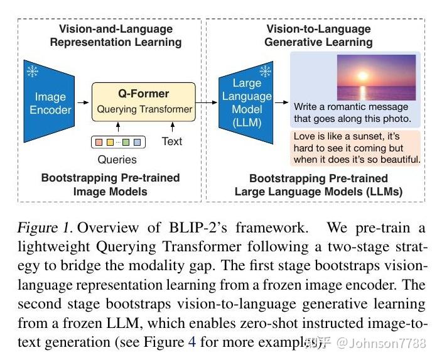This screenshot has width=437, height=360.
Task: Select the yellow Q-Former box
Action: pos(144,101)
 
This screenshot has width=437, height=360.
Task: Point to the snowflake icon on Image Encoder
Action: pos(33,71)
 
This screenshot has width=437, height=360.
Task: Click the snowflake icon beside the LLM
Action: pos(266,71)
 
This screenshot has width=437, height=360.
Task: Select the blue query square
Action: pos(138,142)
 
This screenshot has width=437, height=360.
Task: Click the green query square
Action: pos(126,142)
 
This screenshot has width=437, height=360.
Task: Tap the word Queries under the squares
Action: pos(117,159)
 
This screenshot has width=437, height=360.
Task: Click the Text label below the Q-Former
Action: pos(171,141)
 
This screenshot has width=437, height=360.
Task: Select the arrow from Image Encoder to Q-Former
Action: pos(83,101)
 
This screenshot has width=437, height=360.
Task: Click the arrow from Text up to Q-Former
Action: pos(171,128)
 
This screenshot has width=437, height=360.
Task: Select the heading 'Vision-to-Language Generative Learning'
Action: pos(318,36)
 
